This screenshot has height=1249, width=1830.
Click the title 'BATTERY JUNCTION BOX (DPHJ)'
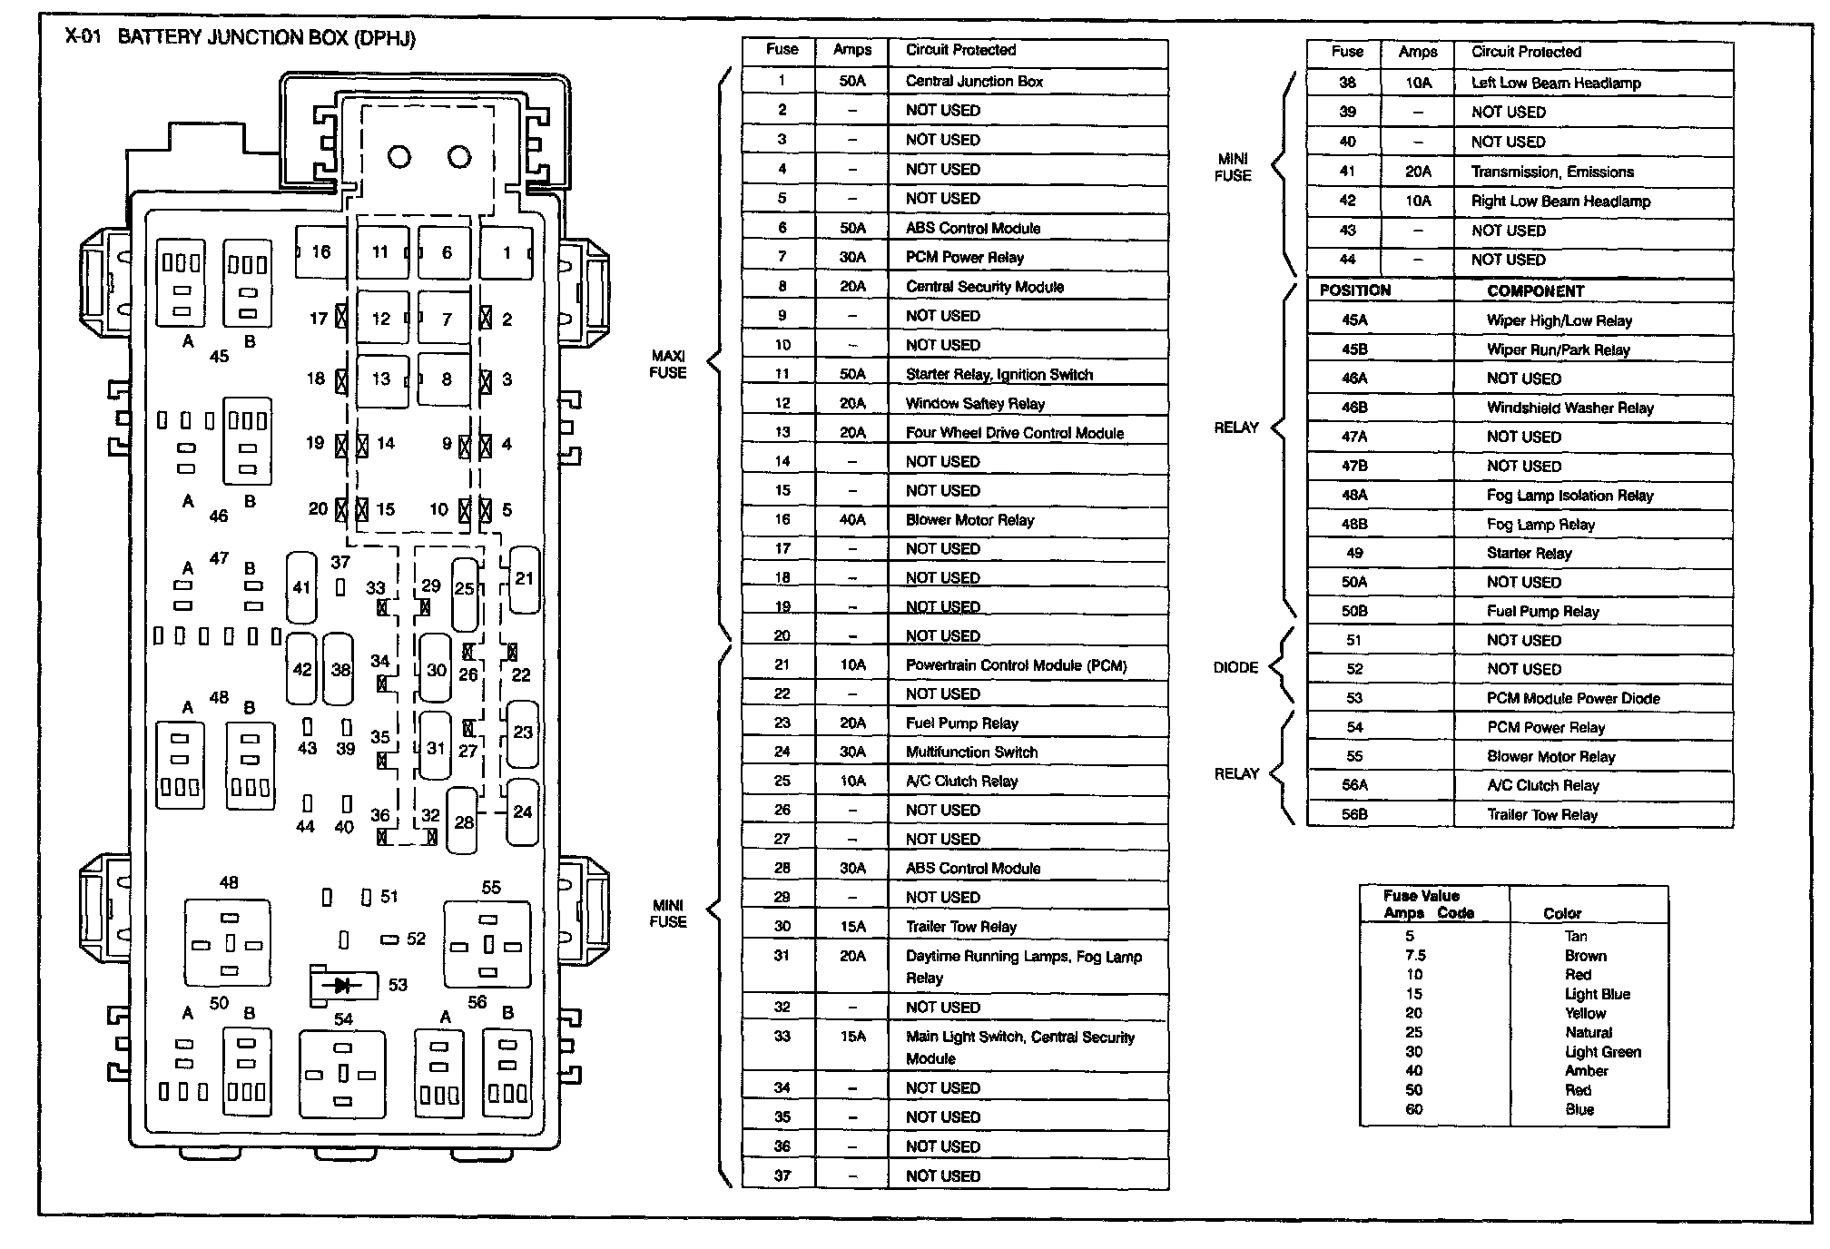point(266,38)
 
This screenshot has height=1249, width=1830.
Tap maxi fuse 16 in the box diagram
point(320,252)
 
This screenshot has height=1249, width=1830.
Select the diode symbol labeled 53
point(343,985)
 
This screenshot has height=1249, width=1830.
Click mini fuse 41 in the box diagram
point(301,587)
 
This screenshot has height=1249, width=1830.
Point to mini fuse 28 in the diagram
point(464,822)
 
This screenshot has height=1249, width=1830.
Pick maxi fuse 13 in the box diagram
point(381,379)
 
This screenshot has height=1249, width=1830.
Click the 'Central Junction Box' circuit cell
point(974,81)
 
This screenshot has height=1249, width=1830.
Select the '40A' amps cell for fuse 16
point(851,519)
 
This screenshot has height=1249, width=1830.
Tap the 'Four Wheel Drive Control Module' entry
point(1014,433)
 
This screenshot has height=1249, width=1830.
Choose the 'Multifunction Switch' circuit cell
point(971,752)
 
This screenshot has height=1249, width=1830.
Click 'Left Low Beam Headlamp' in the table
point(1556,83)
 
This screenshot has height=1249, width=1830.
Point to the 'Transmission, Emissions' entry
point(1552,172)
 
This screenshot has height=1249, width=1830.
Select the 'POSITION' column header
point(1354,290)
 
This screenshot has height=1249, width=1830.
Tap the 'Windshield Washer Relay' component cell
point(1569,408)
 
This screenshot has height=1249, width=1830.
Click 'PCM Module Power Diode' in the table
point(1573,698)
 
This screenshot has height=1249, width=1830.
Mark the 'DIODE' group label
point(1235,667)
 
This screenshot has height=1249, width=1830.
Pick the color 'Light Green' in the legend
point(1602,1052)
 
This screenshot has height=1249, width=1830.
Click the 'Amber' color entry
point(1586,1071)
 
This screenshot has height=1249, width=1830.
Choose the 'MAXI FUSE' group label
point(667,364)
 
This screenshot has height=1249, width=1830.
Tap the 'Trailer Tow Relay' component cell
point(1541,814)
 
